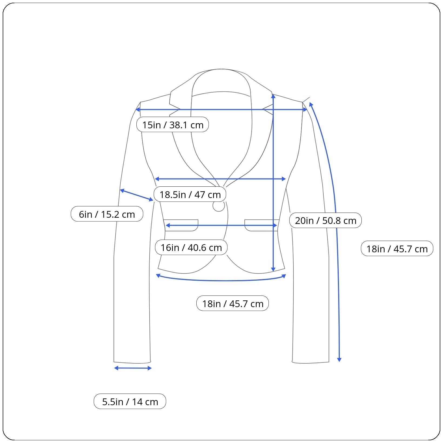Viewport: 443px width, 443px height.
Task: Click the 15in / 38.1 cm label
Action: click(x=173, y=125)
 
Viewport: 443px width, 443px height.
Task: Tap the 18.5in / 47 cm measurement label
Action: click(x=190, y=194)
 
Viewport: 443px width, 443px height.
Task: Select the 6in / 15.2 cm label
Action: click(x=107, y=214)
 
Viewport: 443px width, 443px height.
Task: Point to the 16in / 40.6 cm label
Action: click(x=191, y=247)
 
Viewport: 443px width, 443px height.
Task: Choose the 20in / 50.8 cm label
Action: click(x=325, y=220)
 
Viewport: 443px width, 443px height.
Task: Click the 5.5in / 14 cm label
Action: click(x=130, y=401)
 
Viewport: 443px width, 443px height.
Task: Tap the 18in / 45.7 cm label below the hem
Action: click(x=232, y=303)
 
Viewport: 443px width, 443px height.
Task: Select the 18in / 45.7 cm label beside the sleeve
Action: click(x=397, y=249)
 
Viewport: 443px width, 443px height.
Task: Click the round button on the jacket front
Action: click(x=219, y=206)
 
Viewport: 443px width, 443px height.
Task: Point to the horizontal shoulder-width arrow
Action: click(x=222, y=109)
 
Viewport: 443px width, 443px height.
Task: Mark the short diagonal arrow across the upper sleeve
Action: click(x=137, y=195)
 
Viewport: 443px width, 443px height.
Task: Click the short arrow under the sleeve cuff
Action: click(x=133, y=368)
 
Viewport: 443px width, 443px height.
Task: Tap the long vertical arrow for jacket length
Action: click(x=273, y=184)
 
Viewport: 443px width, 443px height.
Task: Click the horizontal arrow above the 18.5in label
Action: click(x=220, y=179)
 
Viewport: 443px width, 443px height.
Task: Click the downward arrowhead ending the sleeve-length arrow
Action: click(x=339, y=359)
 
